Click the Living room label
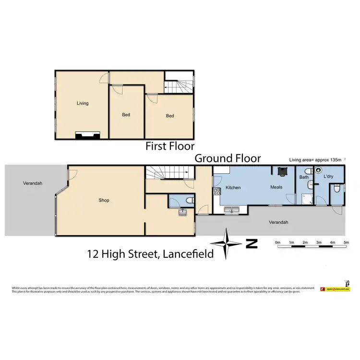[83, 103]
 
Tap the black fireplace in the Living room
[87, 135]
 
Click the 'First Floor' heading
[170, 146]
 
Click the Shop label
[104, 201]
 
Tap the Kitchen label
[233, 188]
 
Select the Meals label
[276, 187]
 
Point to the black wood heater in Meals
[282, 171]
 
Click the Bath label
[304, 177]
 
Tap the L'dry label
[328, 177]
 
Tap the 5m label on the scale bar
[346, 243]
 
